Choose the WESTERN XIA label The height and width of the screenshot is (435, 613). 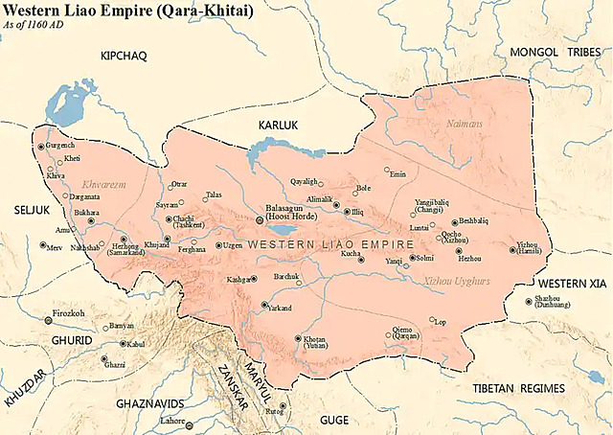[x=573, y=286]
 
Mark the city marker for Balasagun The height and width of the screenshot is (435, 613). [x=259, y=219]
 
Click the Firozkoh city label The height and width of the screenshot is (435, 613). [x=72, y=313]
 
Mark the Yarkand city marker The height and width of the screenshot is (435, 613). [x=264, y=305]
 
